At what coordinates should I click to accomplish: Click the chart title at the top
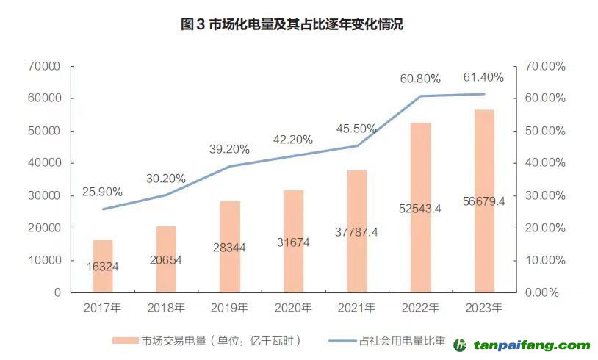tap(292, 25)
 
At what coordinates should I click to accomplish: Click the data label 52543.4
tap(420, 209)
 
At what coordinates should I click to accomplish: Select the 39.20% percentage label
tap(229, 149)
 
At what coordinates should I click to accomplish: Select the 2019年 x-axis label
tap(229, 308)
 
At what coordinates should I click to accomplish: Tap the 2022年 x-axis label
tap(420, 308)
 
